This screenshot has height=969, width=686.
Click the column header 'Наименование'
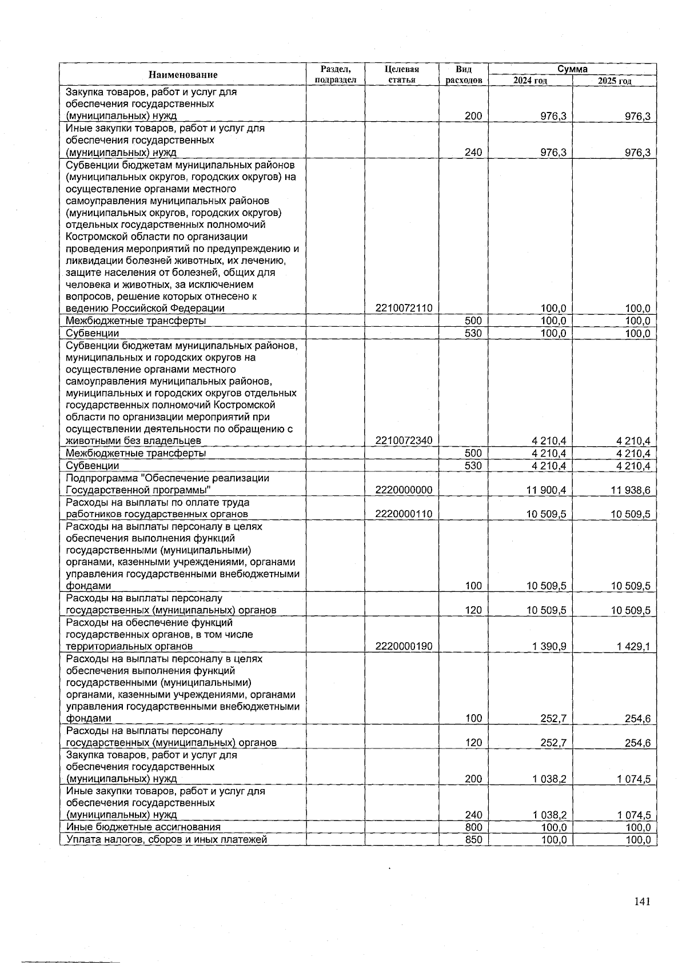183,75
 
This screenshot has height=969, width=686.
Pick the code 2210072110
404,309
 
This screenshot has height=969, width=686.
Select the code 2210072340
404,441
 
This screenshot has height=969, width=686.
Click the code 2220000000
404,490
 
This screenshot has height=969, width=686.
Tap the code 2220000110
404,514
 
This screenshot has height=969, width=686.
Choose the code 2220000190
404,647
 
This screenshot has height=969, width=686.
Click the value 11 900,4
546,490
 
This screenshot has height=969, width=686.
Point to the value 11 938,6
630,490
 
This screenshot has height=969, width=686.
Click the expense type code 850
473,839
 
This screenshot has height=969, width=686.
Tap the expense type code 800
473,827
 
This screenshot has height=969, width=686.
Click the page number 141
642,902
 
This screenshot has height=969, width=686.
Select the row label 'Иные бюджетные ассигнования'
143,827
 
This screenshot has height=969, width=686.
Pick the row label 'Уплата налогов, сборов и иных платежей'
166,839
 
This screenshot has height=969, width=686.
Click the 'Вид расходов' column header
464,75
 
